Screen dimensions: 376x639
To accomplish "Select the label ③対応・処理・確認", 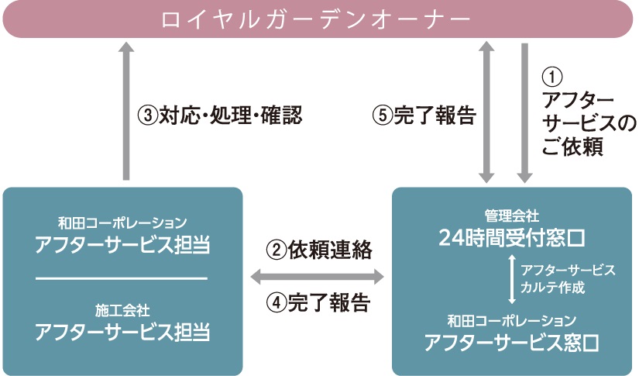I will pos(219,116).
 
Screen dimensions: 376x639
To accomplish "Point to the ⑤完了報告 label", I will pos(423,116).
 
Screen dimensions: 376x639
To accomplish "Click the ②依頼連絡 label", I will pos(319,250).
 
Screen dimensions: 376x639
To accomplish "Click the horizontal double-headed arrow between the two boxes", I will pos(318,276).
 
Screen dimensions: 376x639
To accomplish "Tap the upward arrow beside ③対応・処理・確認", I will pos(126,109).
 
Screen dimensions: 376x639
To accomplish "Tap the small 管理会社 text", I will pos(511,213).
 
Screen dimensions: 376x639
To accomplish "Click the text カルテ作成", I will pos(553,287).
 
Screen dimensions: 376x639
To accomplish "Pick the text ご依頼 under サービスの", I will pos(573,146).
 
